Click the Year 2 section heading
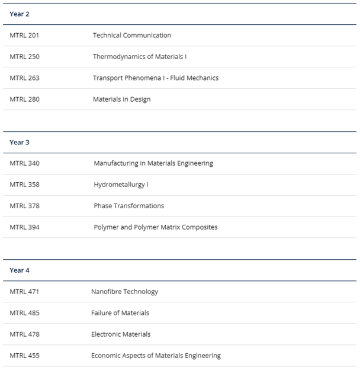20,14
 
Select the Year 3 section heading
20,142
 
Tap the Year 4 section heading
20,270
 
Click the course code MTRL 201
25,36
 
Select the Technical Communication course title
132,36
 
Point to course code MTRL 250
25,57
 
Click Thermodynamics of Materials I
140,57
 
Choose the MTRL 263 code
25,78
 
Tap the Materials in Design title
121,99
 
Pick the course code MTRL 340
25,163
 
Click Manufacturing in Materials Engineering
153,163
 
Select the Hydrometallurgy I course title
121,185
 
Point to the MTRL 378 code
25,206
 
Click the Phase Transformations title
129,206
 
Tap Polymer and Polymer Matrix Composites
156,227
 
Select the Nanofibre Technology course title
125,292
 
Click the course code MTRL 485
25,313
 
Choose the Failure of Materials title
120,313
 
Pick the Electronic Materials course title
121,334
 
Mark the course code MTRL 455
25,356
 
